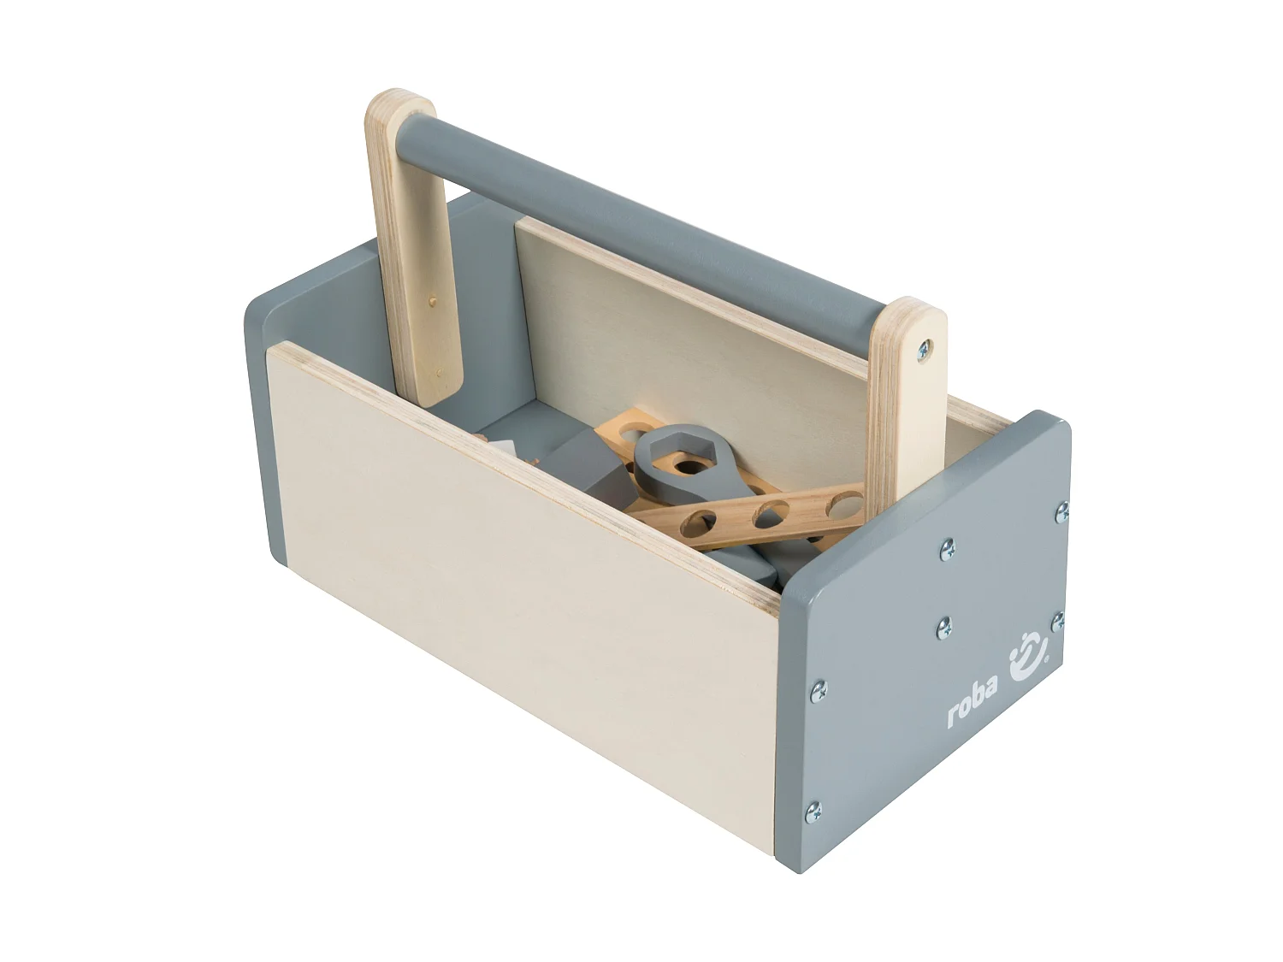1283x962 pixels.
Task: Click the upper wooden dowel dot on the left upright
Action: pos(432,302)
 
